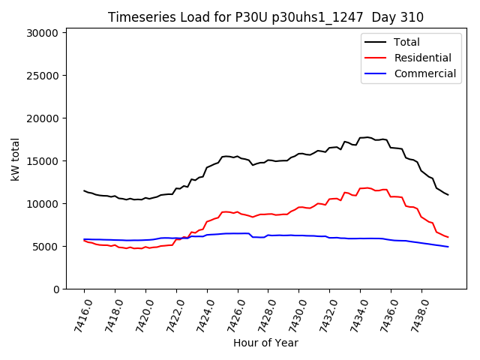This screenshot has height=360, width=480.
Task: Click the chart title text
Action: click(265, 17)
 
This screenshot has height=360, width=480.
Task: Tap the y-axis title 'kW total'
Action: click(15, 159)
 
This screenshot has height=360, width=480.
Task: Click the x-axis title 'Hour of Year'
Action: click(265, 343)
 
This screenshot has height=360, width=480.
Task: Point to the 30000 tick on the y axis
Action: click(42, 33)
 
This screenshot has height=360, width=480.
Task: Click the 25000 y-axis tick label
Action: click(42, 76)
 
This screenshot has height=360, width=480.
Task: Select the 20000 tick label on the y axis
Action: click(42, 118)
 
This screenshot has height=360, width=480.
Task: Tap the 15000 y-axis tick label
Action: click(42, 161)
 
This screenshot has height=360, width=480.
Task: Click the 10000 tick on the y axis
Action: click(42, 204)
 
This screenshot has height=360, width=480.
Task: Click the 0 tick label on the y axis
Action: click(55, 289)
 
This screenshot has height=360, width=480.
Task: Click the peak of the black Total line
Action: click(367, 137)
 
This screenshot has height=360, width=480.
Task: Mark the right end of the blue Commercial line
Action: click(448, 247)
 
